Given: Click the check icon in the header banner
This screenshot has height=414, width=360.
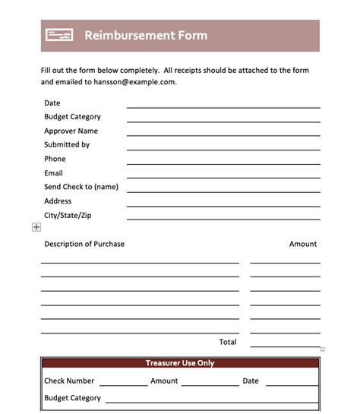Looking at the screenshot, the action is tap(58, 35).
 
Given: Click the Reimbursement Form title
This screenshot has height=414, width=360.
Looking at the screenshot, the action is tap(145, 35).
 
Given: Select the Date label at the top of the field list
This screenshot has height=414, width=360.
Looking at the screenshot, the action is tap(52, 103).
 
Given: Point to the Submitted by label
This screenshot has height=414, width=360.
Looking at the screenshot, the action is tap(67, 144).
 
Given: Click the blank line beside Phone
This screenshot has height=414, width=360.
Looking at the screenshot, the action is tap(223, 163).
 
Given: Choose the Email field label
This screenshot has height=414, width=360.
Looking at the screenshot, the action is tap(53, 173).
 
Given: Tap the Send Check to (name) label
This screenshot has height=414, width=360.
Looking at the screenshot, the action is tap(81, 187).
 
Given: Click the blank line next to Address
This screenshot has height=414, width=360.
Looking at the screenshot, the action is tap(223, 205).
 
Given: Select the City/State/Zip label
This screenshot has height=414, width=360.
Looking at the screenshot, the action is tap(68, 215).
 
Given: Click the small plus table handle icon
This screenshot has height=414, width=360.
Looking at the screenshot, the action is tap(36, 227).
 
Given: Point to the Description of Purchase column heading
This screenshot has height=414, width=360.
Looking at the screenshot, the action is tap(84, 244).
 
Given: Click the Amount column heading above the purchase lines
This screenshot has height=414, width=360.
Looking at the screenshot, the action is tap(303, 244).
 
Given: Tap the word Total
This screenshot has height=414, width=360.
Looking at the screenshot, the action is tap(228, 342).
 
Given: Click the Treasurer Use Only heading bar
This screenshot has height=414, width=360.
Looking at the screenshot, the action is tap(180, 363).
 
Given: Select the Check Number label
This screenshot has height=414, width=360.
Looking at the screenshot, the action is tap(69, 381).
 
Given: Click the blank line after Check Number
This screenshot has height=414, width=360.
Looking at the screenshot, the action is tap(123, 384).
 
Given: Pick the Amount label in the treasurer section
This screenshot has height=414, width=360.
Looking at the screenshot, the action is tap(164, 381).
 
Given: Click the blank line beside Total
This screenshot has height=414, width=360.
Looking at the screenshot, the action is tap(285, 346).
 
